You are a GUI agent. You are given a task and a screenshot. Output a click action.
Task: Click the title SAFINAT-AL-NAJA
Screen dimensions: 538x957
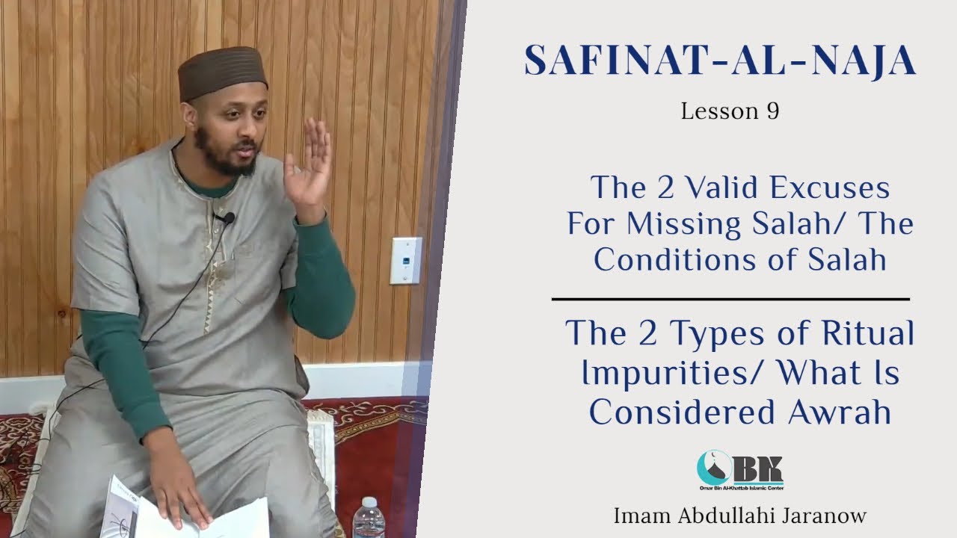click(720, 61)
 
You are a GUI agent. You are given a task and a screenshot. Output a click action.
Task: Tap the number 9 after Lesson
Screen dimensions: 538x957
click(772, 111)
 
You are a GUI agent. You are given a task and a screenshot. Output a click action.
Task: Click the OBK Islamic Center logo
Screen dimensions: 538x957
click(739, 469)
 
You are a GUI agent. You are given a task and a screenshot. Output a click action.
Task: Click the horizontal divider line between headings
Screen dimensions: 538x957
click(730, 299)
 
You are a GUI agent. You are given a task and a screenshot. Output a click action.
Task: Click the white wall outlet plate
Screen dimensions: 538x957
click(405, 260)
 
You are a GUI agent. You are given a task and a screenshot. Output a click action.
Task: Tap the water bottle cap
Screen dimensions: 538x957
click(367, 501)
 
